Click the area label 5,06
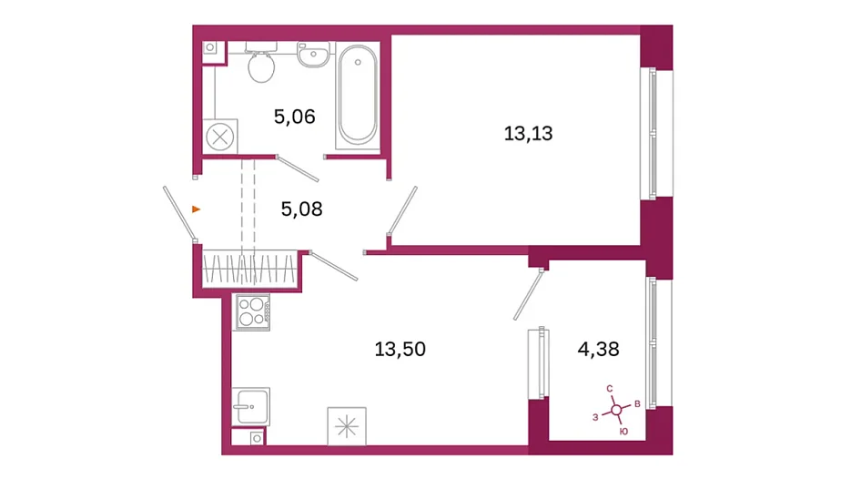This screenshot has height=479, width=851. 294,117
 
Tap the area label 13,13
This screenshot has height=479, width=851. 528,133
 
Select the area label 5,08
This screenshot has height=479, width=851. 302,209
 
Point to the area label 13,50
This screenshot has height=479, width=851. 400,349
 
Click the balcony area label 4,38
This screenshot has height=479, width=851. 598,349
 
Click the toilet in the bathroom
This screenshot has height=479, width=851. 261,63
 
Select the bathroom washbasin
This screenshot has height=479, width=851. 313,55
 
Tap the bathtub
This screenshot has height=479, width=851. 357,95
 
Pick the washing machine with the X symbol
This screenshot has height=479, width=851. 220,137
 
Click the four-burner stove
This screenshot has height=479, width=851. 251,311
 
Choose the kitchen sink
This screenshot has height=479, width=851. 250,406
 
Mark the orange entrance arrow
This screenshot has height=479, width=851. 196,209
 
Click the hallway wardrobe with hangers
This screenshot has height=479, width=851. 249,269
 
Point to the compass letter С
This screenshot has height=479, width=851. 610,389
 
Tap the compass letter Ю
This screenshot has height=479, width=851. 623,432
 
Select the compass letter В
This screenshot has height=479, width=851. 638,404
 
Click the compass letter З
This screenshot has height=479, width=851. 595,418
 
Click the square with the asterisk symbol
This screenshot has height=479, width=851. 347,427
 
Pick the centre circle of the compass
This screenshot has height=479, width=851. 616,410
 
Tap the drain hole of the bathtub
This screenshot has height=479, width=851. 358,63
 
